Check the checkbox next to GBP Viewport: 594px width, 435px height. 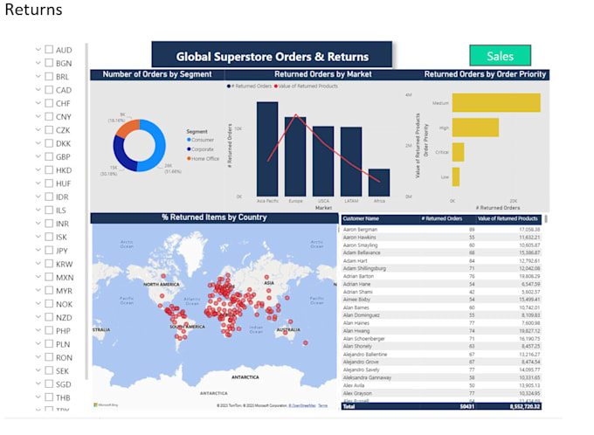click(x=49, y=157)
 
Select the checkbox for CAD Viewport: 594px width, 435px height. click(x=49, y=90)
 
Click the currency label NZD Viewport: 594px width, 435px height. click(x=64, y=317)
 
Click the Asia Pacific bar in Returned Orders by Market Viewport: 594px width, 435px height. click(x=267, y=148)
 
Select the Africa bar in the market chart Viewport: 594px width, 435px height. click(x=379, y=183)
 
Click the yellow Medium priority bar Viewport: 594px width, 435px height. click(x=496, y=103)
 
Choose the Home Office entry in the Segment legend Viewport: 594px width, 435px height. click(x=205, y=158)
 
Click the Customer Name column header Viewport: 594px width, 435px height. click(x=361, y=218)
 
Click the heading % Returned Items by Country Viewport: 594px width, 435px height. click(x=214, y=217)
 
